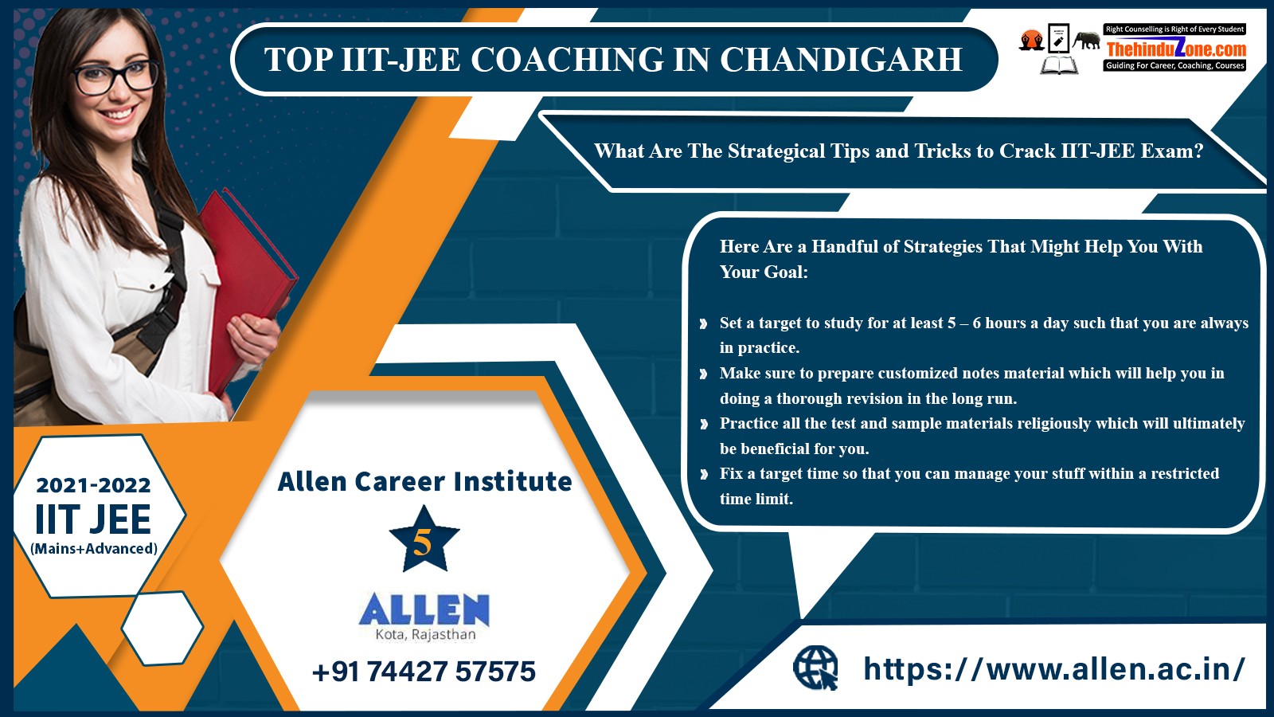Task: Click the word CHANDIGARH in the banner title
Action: (841, 59)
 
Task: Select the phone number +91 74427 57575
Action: (424, 672)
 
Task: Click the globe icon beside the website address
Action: (815, 668)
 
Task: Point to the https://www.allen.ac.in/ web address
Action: (1054, 668)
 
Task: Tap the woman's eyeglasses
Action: (115, 77)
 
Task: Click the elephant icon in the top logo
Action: (1086, 40)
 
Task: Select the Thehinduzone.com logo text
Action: (1175, 49)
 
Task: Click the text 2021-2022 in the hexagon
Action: (93, 485)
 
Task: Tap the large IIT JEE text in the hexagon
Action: (93, 519)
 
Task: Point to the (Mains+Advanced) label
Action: (94, 549)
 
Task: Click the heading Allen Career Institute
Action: (424, 481)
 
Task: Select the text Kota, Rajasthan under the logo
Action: (425, 634)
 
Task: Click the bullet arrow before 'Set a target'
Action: (704, 323)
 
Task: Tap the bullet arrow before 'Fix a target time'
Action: (704, 474)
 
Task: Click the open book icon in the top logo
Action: (1059, 65)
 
